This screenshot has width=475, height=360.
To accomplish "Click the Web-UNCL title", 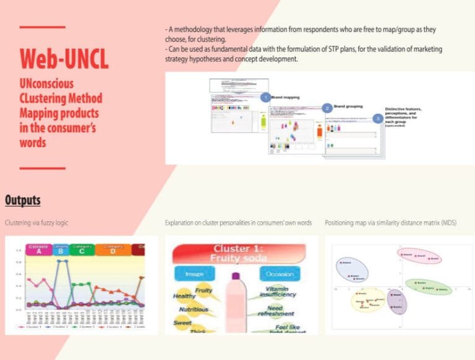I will click(x=64, y=58).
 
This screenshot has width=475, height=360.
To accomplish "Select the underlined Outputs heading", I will click(x=23, y=200).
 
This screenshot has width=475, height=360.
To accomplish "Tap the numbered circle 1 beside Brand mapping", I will click(x=265, y=97).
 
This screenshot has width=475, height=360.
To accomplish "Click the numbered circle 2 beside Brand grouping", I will click(x=326, y=108).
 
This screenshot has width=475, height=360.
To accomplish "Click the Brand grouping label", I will click(x=348, y=106).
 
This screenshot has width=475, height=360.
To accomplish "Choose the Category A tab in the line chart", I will click(x=40, y=250).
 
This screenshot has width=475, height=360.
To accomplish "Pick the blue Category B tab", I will click(x=61, y=250).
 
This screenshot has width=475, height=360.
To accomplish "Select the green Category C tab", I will click(x=82, y=250).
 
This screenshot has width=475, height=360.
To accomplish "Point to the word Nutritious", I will click(x=194, y=309).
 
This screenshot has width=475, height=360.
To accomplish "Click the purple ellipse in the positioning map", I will click(x=398, y=301).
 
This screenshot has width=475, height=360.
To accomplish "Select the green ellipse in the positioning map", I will click(x=429, y=286).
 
